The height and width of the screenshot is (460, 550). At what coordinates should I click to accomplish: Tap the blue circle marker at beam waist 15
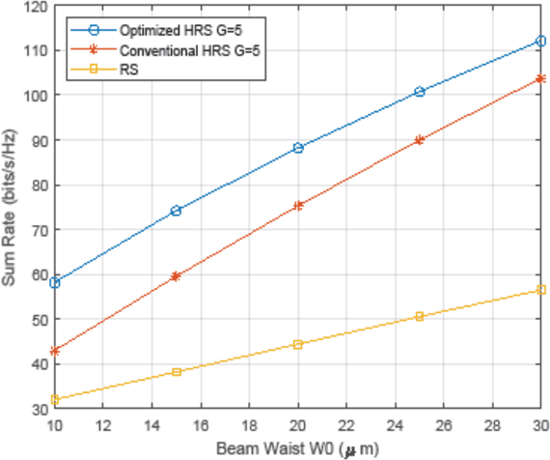pyautogui.click(x=176, y=211)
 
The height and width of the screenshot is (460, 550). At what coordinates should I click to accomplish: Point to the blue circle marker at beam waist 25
pyautogui.click(x=419, y=92)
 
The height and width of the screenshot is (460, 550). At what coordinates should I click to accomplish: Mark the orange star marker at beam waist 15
pyautogui.click(x=176, y=276)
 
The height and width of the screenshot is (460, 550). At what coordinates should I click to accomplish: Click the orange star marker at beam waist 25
pyautogui.click(x=419, y=140)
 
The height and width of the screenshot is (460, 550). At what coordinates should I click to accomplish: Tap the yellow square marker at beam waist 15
pyautogui.click(x=176, y=372)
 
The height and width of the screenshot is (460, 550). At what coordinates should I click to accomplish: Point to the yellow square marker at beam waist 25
pyautogui.click(x=419, y=316)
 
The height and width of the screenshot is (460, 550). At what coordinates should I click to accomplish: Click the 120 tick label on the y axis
pyautogui.click(x=36, y=7)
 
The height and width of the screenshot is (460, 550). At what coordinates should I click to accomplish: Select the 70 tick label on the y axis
pyautogui.click(x=39, y=230)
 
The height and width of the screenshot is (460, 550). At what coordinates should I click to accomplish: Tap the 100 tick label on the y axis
pyautogui.click(x=36, y=96)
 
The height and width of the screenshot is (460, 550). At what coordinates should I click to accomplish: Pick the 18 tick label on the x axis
pyautogui.click(x=249, y=426)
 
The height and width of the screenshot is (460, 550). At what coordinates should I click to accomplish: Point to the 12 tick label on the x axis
pyautogui.click(x=103, y=426)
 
